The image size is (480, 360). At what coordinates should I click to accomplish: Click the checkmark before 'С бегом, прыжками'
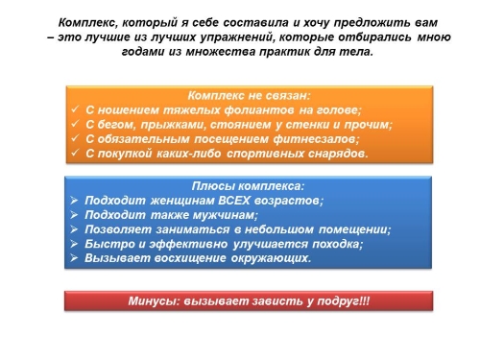point(75,125)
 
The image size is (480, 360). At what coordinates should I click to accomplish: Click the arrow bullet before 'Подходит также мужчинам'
point(75,215)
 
